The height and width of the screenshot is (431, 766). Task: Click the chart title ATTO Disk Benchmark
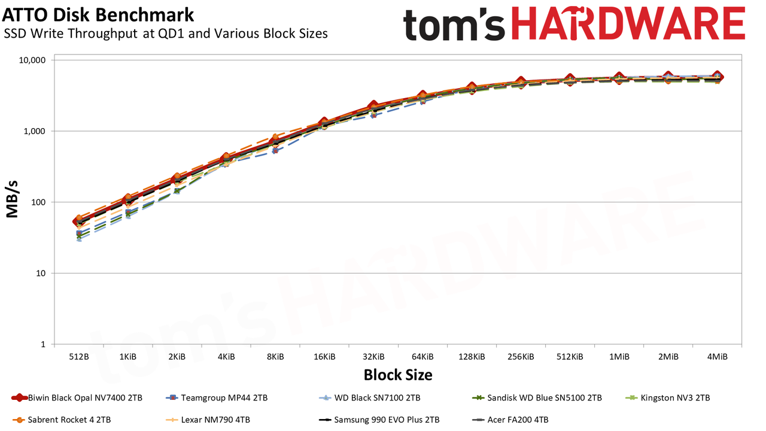point(98,15)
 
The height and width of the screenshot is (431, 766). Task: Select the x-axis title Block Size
point(398,375)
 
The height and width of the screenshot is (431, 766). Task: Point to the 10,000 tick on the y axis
point(32,60)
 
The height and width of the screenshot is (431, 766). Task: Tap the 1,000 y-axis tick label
point(34,131)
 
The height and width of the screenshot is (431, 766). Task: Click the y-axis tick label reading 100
point(38,202)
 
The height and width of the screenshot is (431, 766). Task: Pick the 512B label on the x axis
point(79,357)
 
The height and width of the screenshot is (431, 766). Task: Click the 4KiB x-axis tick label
point(226,357)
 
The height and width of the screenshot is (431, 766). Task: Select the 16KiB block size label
point(324,357)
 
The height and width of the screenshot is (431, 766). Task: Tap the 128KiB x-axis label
point(472,357)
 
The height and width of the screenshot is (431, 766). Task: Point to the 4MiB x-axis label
point(717,357)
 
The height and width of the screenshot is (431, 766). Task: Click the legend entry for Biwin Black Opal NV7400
point(77,398)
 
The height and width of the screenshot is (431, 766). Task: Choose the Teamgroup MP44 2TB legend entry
point(217,398)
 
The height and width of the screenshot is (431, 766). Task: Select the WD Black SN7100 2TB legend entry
point(369,398)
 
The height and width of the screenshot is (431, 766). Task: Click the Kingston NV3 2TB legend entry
point(667,398)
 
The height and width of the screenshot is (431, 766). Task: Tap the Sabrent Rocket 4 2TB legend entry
point(62,420)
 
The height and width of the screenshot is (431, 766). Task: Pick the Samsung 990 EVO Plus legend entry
point(379,420)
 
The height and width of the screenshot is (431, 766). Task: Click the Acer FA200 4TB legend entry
point(510,420)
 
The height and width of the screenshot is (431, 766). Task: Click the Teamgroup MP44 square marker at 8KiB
point(275,150)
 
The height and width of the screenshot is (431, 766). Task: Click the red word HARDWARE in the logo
point(628,23)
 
